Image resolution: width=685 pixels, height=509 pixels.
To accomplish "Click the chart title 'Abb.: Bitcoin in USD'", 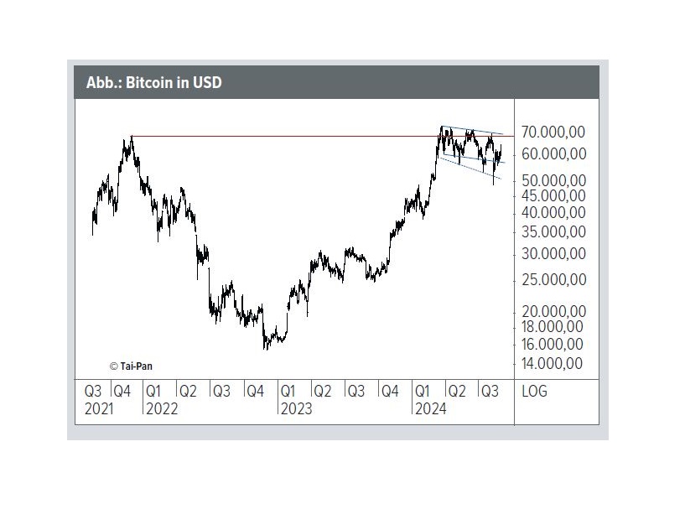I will [x=153, y=83].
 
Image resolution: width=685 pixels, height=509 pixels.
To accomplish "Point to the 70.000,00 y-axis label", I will [x=553, y=133].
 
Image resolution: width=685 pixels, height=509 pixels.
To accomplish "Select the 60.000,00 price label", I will [x=553, y=154].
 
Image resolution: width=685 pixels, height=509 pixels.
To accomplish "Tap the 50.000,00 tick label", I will [x=553, y=180].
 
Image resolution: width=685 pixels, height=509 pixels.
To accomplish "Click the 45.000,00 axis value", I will [x=553, y=195].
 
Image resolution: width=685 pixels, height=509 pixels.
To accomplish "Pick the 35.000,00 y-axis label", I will [x=553, y=232].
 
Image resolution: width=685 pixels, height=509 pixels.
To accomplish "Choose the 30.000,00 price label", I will [x=553, y=254].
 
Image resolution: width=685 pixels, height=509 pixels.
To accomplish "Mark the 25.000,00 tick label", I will [x=553, y=280].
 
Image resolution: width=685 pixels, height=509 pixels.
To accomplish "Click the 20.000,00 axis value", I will [x=553, y=311].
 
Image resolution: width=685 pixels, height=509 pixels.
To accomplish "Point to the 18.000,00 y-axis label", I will [x=553, y=326].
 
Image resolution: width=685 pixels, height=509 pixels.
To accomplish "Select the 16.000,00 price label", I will [x=553, y=344].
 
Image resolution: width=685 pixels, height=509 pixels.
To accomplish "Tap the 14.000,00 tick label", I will [x=553, y=364].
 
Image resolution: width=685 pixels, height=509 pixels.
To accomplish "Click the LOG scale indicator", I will [x=535, y=392].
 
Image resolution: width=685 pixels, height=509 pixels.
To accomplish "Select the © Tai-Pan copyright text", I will [x=132, y=366].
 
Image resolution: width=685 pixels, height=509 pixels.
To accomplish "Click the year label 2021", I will [x=99, y=408].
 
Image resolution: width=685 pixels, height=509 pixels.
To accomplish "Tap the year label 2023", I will [x=295, y=408].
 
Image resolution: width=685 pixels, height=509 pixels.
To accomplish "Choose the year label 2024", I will [x=430, y=408].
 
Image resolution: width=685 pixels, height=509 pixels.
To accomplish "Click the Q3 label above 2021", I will [x=93, y=392].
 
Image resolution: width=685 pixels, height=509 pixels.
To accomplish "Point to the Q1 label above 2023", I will [x=288, y=392].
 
